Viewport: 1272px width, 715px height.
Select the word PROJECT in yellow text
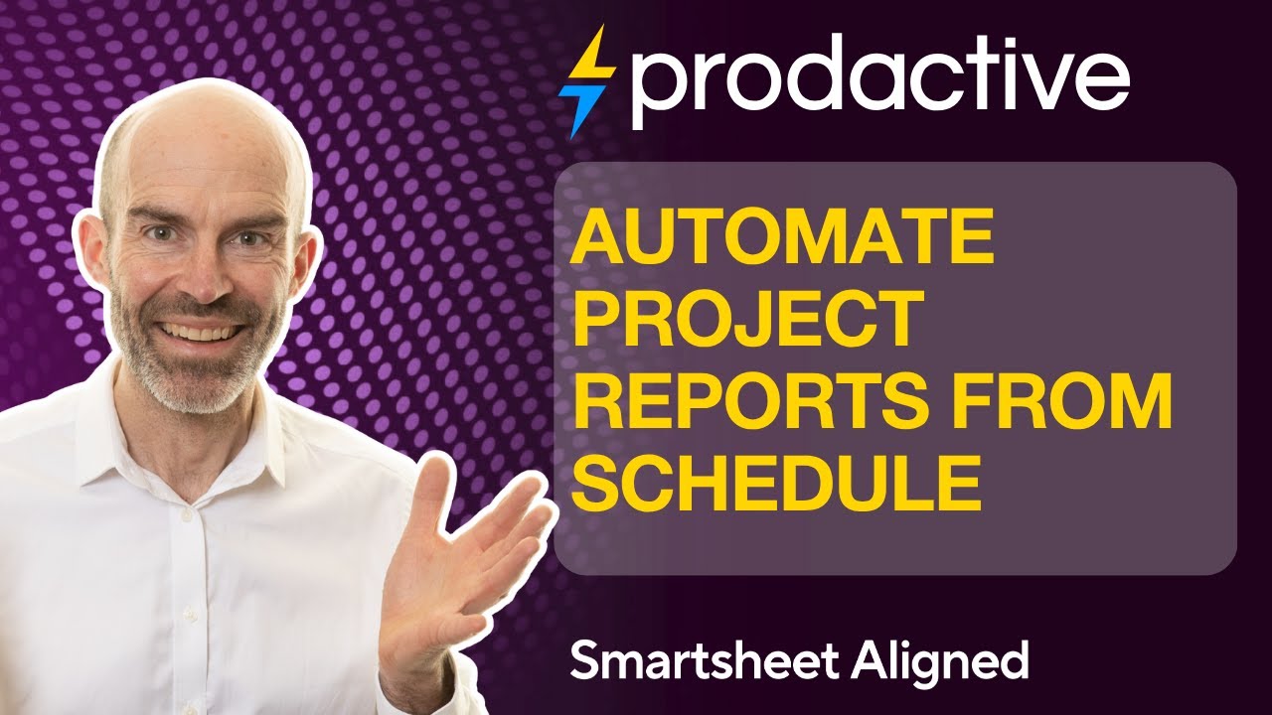(748, 320)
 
